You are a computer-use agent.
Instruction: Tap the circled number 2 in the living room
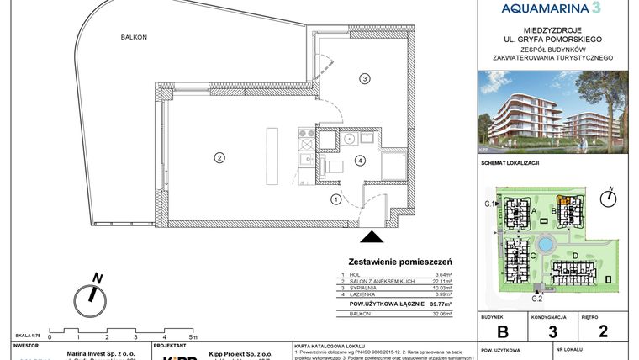pyautogui.click(x=218, y=157)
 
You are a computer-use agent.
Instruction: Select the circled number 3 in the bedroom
pyautogui.click(x=364, y=79)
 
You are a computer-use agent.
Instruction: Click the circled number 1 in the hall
pyautogui.click(x=335, y=199)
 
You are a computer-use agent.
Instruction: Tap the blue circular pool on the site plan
pyautogui.click(x=546, y=245)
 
